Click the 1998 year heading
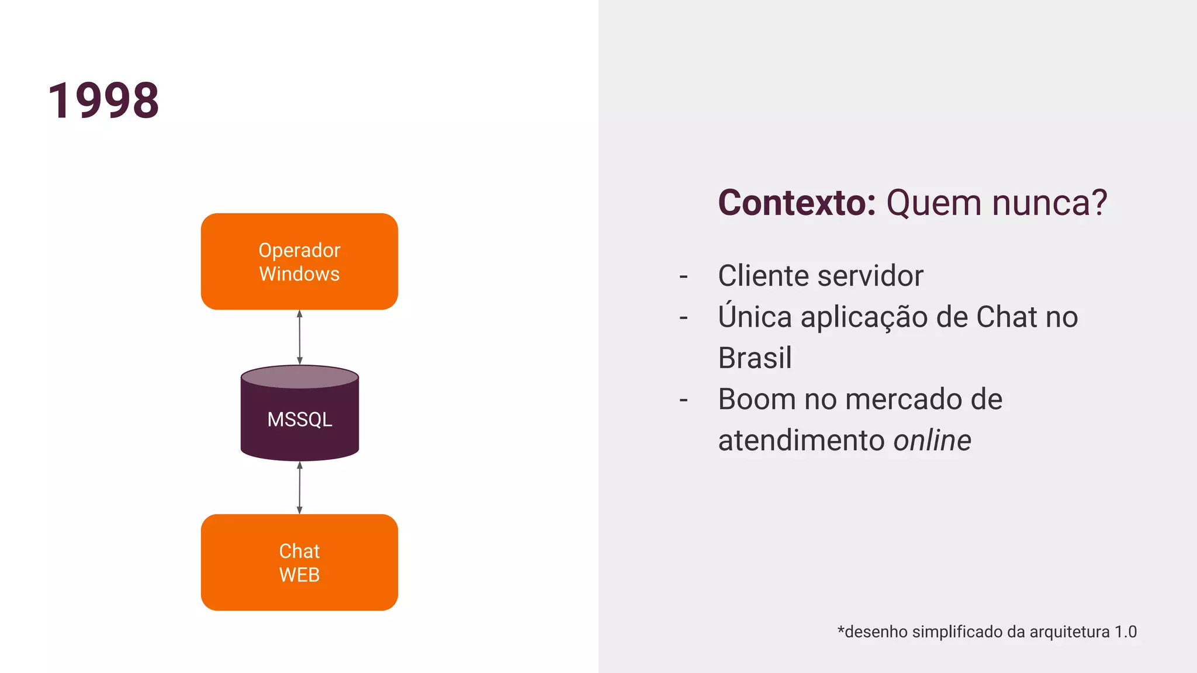103,100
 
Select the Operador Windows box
299,261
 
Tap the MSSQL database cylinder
300,414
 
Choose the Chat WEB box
299,562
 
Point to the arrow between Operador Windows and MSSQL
300,337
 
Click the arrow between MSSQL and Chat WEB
300,487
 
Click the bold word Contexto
797,203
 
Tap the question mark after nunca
1097,203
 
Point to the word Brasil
755,358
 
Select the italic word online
932,440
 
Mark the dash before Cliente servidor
683,276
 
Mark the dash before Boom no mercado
683,401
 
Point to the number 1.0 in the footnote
1125,632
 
